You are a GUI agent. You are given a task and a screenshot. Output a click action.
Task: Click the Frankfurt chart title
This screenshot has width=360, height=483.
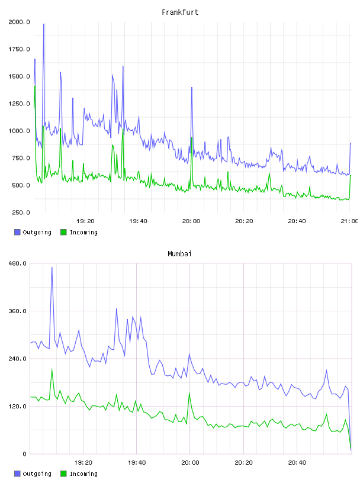click(x=180, y=12)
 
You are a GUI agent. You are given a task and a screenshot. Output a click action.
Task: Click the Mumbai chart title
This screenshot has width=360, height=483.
click(x=179, y=253)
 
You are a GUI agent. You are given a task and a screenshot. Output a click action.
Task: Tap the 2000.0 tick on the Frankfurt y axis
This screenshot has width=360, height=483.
click(x=19, y=22)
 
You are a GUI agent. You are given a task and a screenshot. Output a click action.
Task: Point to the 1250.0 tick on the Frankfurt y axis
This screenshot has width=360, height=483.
click(x=19, y=104)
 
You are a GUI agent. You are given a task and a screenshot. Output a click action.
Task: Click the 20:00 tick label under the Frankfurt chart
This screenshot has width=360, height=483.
click(x=191, y=221)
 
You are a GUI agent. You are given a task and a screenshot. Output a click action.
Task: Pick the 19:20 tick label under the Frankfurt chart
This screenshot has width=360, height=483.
click(x=85, y=221)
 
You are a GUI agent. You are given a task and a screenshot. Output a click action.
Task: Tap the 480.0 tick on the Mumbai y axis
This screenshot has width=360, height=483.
click(x=18, y=263)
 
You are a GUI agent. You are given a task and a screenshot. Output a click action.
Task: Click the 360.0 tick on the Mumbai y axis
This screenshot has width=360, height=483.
click(x=18, y=311)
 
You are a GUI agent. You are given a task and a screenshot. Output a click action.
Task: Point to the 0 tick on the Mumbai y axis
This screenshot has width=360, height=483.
click(x=25, y=454)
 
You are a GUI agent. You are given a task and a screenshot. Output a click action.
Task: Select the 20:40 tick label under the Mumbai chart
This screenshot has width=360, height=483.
click(x=297, y=462)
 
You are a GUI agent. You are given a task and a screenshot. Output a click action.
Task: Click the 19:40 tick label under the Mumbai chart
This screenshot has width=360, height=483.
click(x=137, y=462)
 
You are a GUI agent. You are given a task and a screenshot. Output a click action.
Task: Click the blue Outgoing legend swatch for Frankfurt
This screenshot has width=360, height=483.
click(x=17, y=232)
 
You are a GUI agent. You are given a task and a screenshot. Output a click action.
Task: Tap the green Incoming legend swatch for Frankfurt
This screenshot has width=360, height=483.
click(x=63, y=232)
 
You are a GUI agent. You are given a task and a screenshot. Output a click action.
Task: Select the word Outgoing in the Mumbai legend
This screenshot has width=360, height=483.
click(x=37, y=474)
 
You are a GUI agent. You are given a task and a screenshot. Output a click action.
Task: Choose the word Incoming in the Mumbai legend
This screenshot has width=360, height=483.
click(x=83, y=474)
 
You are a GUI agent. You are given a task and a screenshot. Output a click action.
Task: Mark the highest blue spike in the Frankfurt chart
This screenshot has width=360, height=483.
click(x=44, y=24)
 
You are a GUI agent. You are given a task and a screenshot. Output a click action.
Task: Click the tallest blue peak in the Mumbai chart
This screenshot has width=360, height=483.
click(x=52, y=268)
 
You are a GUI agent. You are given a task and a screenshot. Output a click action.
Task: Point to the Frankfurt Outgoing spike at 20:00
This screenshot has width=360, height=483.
click(x=192, y=88)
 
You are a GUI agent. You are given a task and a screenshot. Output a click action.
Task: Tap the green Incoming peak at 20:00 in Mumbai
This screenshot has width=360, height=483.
click(x=189, y=392)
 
